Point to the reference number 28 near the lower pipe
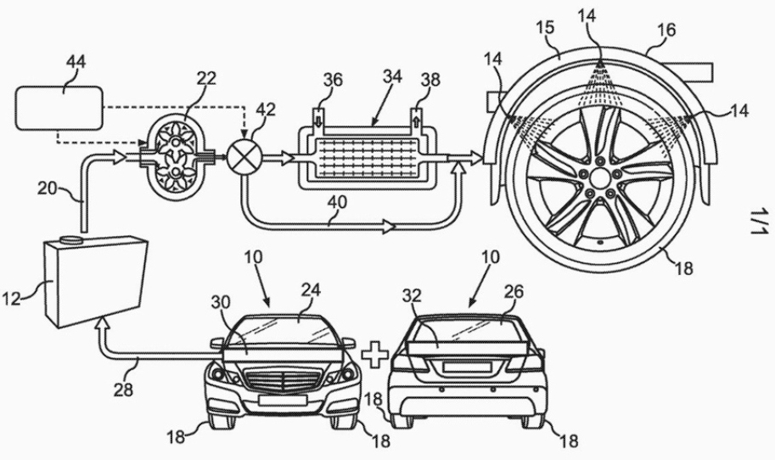tap(128, 365)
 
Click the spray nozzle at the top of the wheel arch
tap(601, 64)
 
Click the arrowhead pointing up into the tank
tap(103, 324)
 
